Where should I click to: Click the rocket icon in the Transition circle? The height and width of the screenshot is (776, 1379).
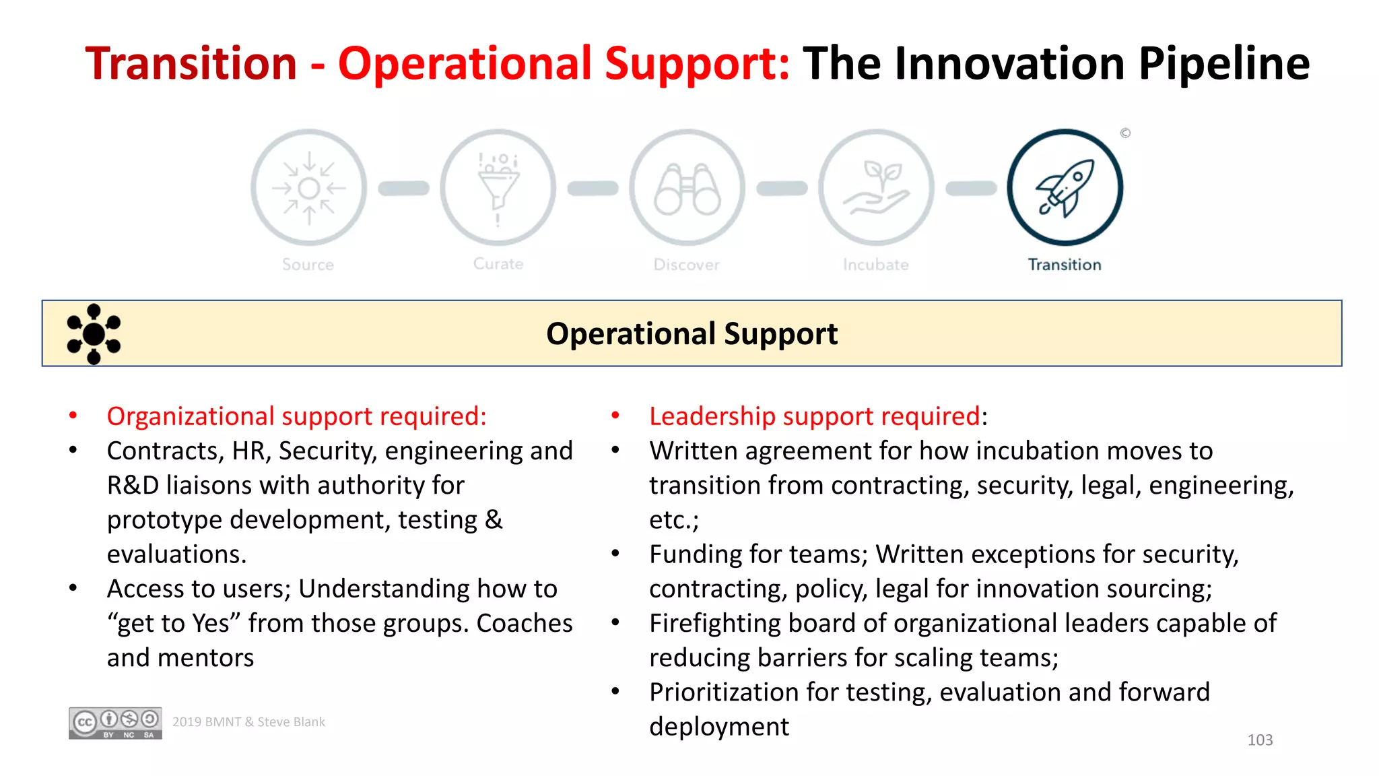tap(1065, 188)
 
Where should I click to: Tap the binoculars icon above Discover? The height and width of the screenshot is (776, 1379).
tap(687, 189)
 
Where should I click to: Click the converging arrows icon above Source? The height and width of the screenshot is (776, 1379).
tap(309, 188)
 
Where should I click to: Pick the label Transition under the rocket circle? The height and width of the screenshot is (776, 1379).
tap(1065, 265)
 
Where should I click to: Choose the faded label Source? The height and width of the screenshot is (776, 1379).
tap(308, 265)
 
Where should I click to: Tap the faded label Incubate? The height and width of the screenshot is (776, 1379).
tap(875, 265)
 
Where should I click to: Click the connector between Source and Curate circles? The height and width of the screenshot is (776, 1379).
tap(403, 189)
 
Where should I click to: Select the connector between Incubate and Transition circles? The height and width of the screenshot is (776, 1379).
tap(971, 189)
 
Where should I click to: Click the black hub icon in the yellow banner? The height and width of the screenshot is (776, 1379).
tap(94, 334)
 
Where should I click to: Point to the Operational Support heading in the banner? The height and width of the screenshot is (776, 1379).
tap(692, 334)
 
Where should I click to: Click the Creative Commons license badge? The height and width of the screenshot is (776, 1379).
tap(115, 723)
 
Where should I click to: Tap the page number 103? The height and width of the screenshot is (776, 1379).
tap(1260, 740)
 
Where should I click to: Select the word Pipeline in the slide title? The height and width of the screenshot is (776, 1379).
tap(1223, 64)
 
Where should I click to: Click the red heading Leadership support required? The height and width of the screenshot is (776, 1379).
tap(814, 416)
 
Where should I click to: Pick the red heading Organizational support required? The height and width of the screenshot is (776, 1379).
tap(296, 416)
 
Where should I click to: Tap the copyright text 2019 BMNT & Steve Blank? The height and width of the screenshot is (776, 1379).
tap(248, 722)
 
